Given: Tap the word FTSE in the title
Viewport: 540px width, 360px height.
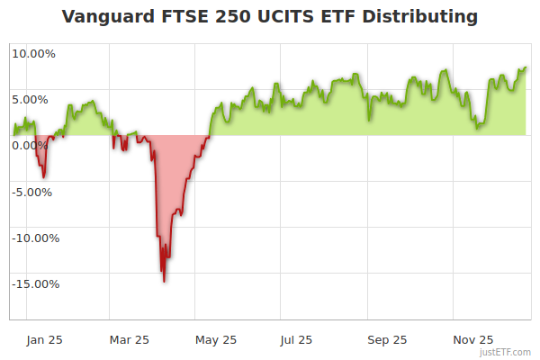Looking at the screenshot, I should click(x=184, y=17).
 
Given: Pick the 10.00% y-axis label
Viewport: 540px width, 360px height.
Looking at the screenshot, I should click(x=33, y=53).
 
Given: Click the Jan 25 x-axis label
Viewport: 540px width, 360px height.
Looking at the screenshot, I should click(x=44, y=340).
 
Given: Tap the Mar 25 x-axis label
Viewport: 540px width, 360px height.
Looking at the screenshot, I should click(x=129, y=340).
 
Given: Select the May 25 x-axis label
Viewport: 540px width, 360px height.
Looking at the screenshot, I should click(x=216, y=340).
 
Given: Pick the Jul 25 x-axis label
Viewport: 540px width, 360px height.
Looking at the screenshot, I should click(x=297, y=340).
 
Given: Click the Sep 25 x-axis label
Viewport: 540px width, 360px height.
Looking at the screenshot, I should click(x=387, y=340).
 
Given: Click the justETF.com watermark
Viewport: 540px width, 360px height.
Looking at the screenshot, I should click(x=507, y=352).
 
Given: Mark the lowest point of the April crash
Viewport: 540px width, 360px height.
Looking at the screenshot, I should click(x=164, y=282).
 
